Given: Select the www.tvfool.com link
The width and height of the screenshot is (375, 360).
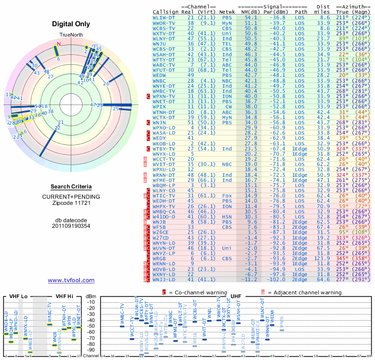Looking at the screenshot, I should click(x=71, y=280).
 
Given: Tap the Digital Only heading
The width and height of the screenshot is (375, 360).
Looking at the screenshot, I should click(x=71, y=24).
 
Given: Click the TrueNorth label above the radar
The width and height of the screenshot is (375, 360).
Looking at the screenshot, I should click(x=71, y=35).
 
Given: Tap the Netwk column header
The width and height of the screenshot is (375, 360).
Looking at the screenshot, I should click(x=227, y=11).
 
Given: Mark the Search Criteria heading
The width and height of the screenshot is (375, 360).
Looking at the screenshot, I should click(x=71, y=187).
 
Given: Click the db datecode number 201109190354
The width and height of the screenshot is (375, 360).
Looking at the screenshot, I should click(x=71, y=225).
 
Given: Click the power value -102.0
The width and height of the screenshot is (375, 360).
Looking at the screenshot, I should click(x=276, y=279).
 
